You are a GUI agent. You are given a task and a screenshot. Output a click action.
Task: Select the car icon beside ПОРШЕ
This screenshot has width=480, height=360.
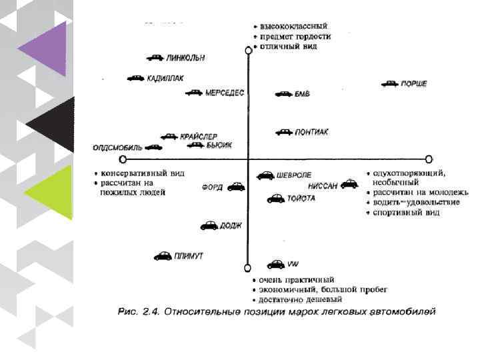[389, 84]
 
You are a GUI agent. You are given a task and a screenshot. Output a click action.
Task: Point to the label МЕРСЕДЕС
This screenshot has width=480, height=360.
[225, 93]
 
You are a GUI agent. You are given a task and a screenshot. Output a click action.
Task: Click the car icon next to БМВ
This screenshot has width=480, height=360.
[283, 95]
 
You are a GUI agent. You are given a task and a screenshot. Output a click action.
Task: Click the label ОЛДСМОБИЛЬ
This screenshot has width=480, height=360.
[117, 147]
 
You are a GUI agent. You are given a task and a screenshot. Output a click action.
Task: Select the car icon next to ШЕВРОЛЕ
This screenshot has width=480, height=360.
[265, 176]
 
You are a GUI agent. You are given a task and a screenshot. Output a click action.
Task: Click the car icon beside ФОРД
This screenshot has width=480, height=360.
[235, 187]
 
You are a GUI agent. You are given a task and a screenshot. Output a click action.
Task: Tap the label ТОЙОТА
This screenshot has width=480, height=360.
[302, 198]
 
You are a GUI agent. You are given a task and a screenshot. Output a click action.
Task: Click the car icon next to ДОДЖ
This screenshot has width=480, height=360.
[209, 226]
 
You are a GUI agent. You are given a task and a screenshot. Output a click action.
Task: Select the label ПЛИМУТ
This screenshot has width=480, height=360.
[189, 256]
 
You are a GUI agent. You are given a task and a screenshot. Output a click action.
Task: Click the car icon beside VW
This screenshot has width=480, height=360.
[275, 265]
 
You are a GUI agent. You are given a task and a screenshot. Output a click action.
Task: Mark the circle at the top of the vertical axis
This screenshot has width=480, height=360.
[249, 49]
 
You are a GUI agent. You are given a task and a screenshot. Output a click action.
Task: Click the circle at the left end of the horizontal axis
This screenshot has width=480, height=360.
[122, 160]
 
